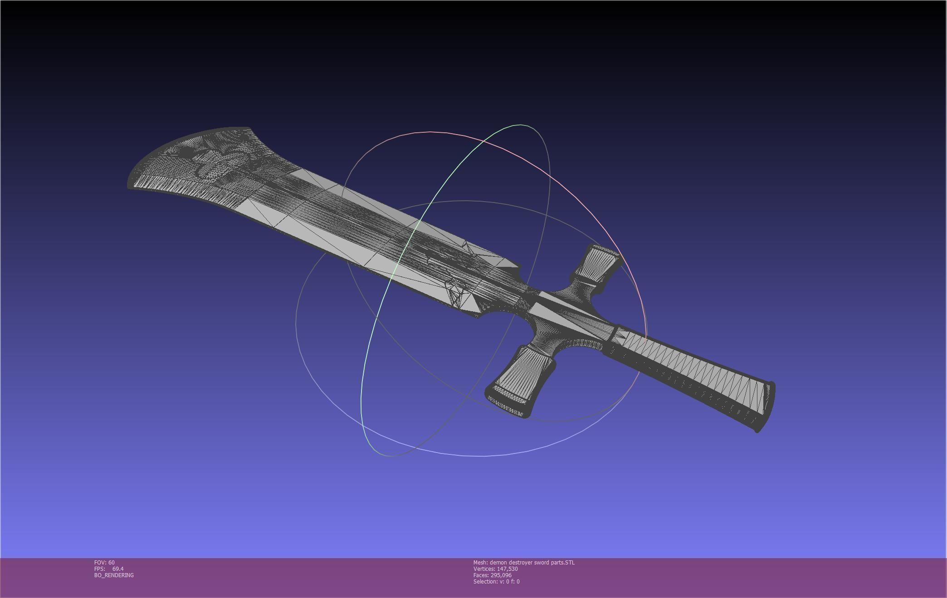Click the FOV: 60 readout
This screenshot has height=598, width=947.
pyautogui.click(x=104, y=562)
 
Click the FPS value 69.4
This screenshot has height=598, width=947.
pyautogui.click(x=118, y=569)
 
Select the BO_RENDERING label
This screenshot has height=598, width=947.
pyautogui.click(x=114, y=575)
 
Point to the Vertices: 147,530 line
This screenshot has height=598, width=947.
pyautogui.click(x=495, y=569)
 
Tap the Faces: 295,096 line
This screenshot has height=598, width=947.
pyautogui.click(x=492, y=575)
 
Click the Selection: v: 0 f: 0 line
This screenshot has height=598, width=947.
pyautogui.click(x=496, y=581)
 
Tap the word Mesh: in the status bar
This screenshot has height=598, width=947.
pyautogui.click(x=480, y=562)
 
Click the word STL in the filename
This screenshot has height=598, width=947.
pyautogui.click(x=570, y=562)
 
